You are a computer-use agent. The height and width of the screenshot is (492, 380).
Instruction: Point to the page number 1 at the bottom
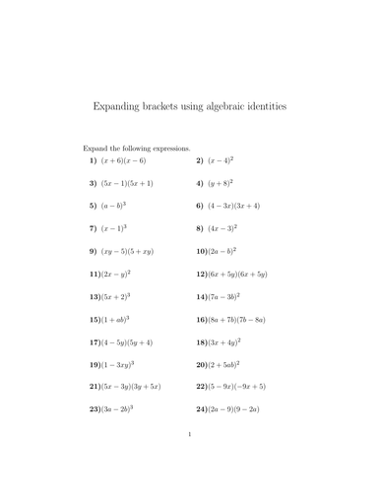coord(190,459)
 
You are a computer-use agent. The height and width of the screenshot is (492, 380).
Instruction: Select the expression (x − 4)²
coord(221,159)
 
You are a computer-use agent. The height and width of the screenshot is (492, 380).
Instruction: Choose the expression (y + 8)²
coord(221,182)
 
